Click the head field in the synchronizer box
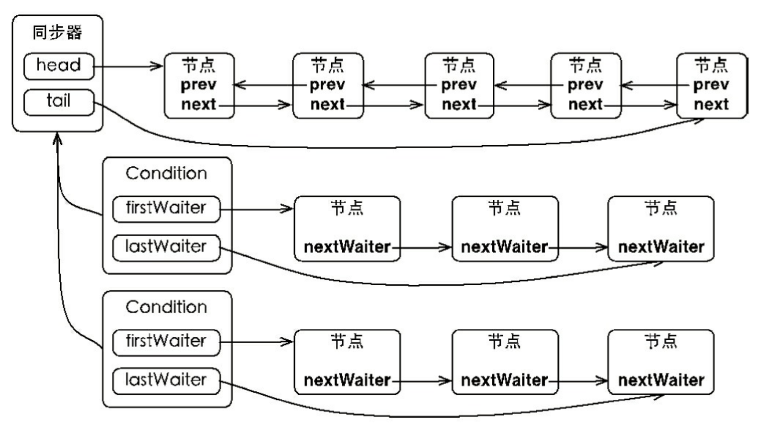click(x=59, y=66)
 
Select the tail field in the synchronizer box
click(x=59, y=102)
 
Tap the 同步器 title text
click(x=57, y=32)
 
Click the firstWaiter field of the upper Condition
click(x=166, y=208)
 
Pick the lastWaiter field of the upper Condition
click(x=166, y=247)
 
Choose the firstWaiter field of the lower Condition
click(x=166, y=342)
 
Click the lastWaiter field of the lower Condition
click(x=166, y=380)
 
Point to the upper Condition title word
click(x=166, y=173)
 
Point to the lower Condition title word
click(x=166, y=307)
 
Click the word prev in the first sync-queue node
click(x=198, y=85)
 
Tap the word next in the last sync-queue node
click(x=711, y=104)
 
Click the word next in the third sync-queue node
click(x=459, y=104)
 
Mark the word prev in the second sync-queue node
click(x=327, y=85)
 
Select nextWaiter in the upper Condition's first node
click(x=347, y=247)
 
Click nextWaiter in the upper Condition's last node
click(x=661, y=247)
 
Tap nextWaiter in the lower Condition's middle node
click(x=504, y=380)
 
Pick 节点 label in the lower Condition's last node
click(x=661, y=342)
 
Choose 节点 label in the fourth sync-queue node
click(x=585, y=65)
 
